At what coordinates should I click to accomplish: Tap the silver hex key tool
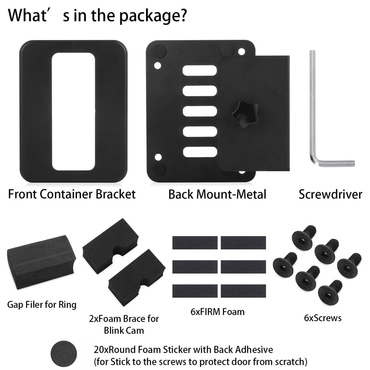coord(313,108)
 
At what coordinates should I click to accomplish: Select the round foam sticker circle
coord(64,355)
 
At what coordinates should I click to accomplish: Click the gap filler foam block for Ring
coord(42,261)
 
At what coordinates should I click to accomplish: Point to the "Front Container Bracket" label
coord(72,194)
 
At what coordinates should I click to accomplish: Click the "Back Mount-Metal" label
coord(217,194)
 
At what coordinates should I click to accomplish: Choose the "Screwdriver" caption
coord(330,194)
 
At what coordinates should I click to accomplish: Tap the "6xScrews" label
coord(323,318)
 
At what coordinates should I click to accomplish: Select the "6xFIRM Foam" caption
coord(218,311)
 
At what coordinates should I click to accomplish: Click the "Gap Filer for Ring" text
coord(42,305)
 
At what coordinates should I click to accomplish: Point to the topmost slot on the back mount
coord(199,70)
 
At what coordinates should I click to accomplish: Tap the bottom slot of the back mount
coord(199,152)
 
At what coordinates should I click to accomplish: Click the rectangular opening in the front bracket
coord(73,111)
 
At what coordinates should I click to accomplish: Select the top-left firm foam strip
coord(195,242)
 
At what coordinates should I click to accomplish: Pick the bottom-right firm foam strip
coord(243,291)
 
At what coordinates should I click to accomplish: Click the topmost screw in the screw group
coord(304,237)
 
